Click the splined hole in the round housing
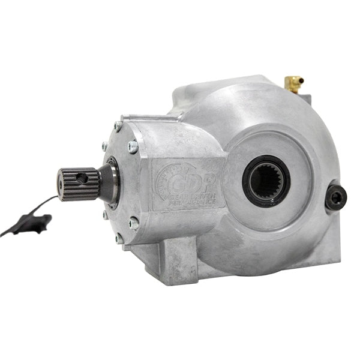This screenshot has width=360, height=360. [x=266, y=179]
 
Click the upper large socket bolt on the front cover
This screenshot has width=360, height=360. [x=133, y=146]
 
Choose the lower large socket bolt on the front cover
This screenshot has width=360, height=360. [x=134, y=224]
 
